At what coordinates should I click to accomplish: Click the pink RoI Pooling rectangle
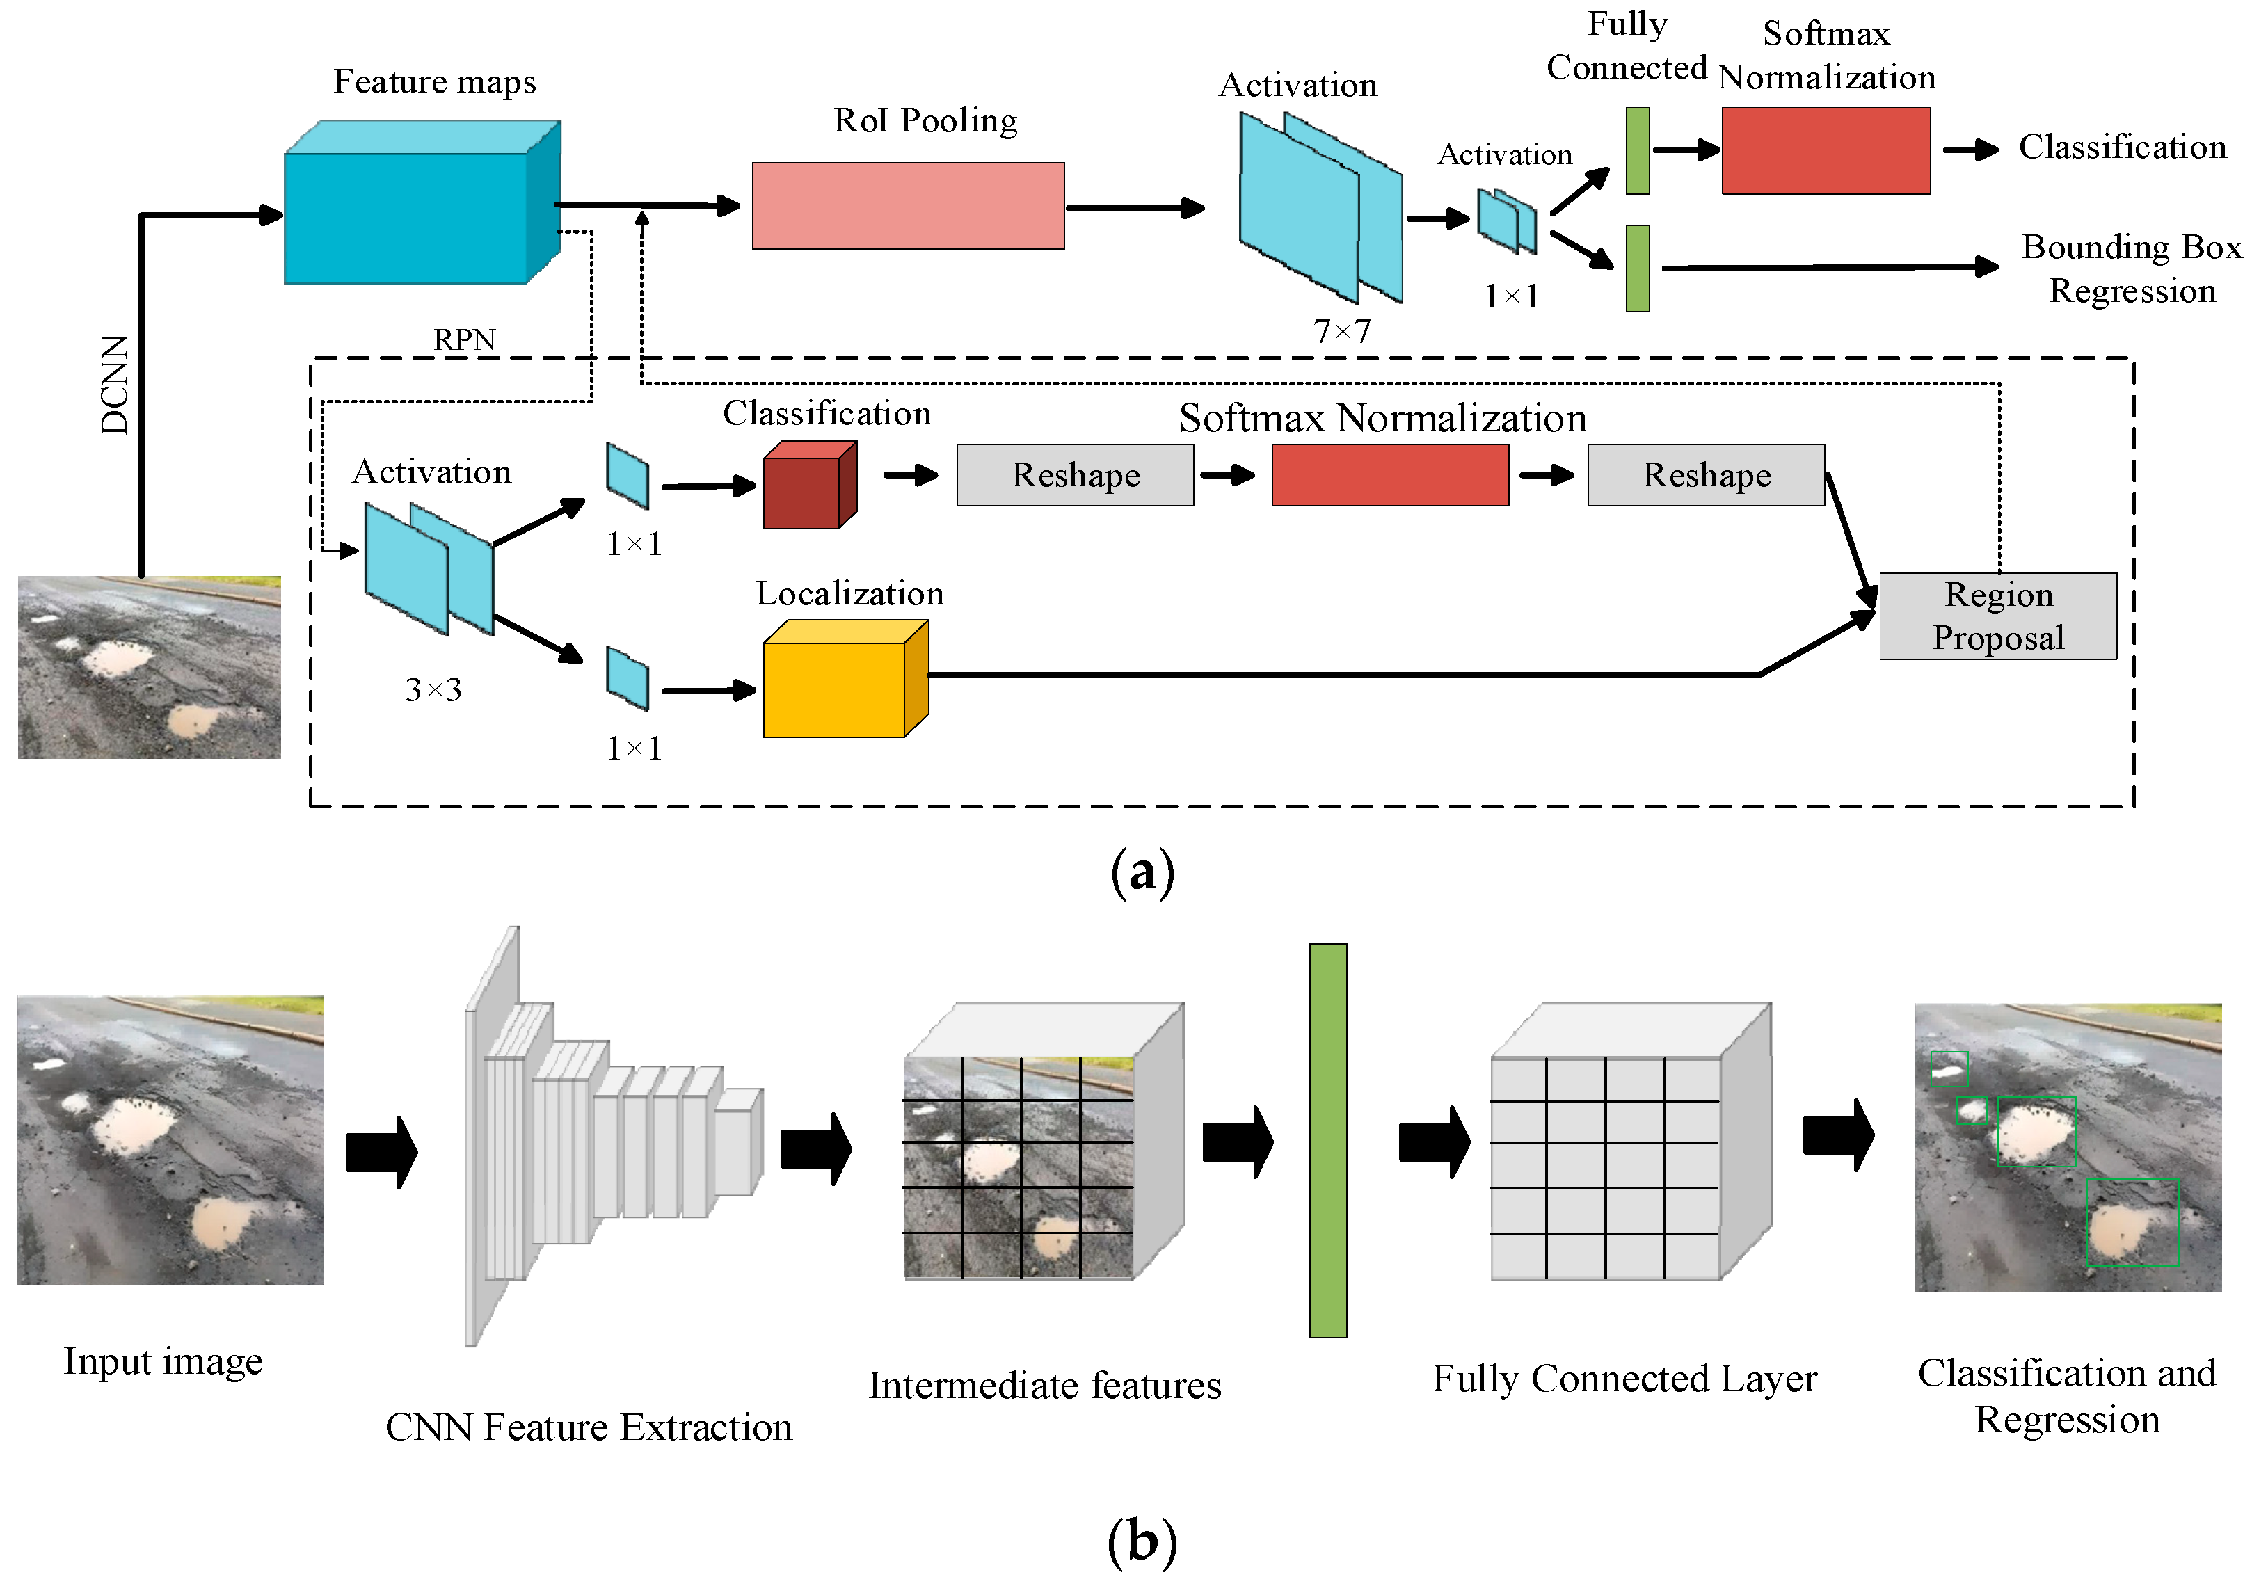pos(907,206)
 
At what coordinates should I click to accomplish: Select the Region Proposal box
pos(1997,616)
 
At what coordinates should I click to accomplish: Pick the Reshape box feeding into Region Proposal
pos(1706,476)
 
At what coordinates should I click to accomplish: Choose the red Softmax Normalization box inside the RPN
pos(1389,476)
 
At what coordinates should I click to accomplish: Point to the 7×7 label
pos(1341,332)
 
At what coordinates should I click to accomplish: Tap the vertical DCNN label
pos(115,385)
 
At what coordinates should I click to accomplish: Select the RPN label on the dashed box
pos(465,339)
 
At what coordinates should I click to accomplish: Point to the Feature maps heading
pos(435,81)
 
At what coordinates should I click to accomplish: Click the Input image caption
pos(163,1361)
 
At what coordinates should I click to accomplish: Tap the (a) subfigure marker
pos(1142,871)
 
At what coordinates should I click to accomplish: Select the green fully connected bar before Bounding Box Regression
pos(1637,269)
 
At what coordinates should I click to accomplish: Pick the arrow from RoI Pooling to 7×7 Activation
pos(1135,208)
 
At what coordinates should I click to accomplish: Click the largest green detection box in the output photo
pos(2132,1222)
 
